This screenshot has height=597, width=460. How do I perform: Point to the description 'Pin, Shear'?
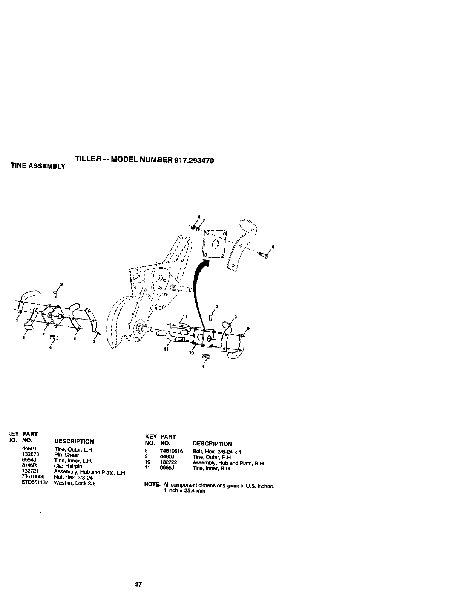click(67, 455)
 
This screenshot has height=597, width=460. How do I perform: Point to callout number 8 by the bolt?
click(273, 247)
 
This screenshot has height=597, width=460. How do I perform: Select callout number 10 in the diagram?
click(191, 353)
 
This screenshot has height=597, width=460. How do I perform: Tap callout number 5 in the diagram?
click(43, 333)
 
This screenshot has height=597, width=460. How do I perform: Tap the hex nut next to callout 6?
click(193, 227)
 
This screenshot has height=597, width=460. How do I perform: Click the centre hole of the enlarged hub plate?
click(215, 244)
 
